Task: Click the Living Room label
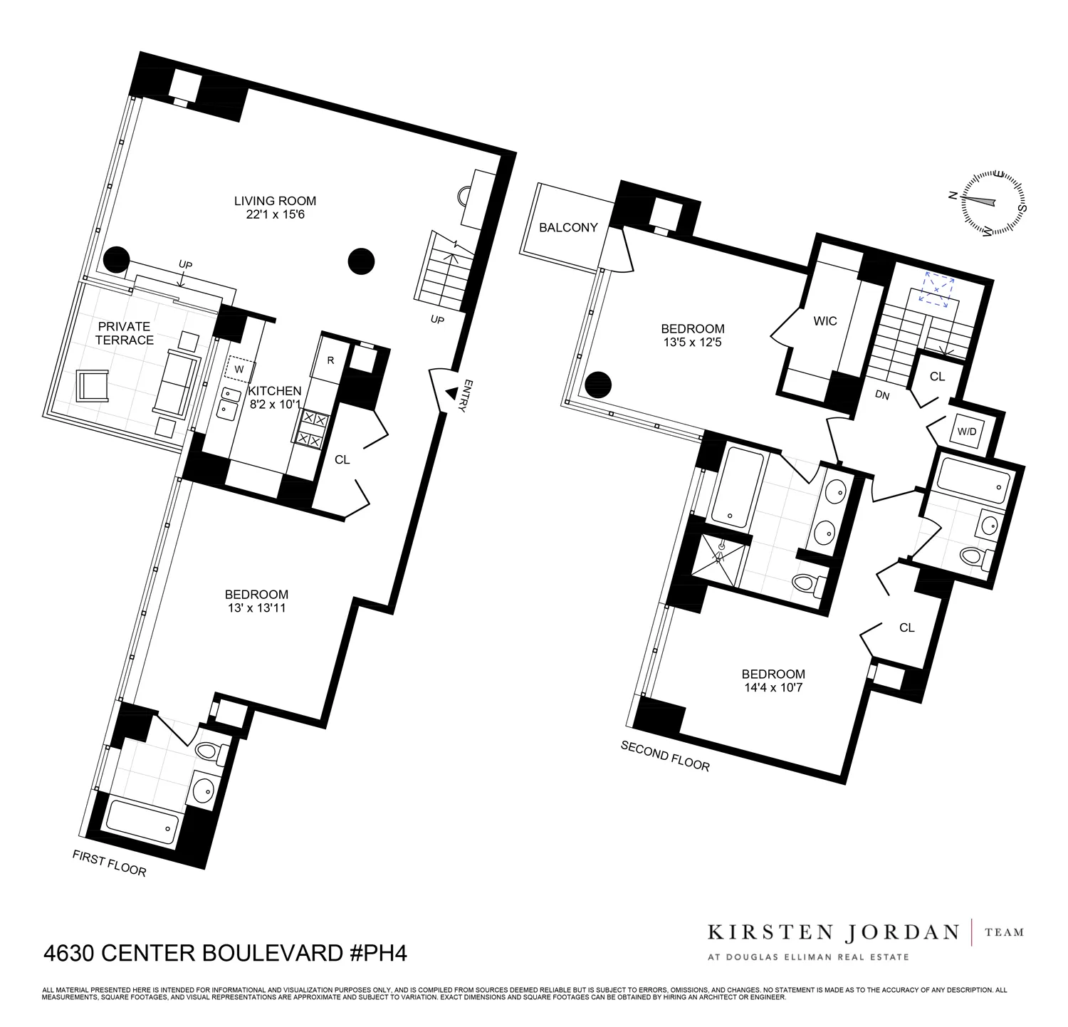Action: [x=275, y=201]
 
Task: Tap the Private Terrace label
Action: [x=125, y=333]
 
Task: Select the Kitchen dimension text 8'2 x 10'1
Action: [x=275, y=404]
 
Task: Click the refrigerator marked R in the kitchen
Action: [x=330, y=360]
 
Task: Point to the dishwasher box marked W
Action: [x=239, y=370]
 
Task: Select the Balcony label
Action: [x=567, y=228]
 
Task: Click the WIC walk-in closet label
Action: [x=825, y=321]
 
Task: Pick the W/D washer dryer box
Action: [x=966, y=432]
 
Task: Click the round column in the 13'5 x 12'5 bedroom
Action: [x=598, y=385]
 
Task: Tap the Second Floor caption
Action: [x=665, y=756]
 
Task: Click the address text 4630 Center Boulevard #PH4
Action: [x=225, y=953]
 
